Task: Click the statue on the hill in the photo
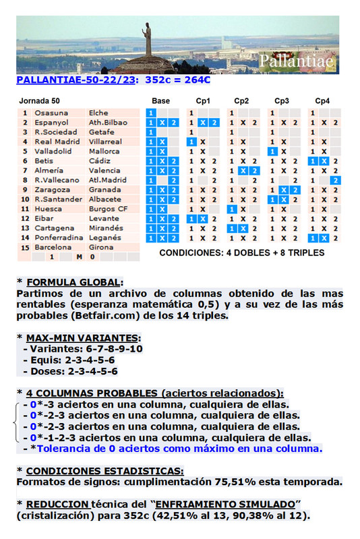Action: coord(146,40)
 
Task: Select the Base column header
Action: coord(161,101)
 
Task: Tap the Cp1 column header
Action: coord(203,101)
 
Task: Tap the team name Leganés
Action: coord(104,238)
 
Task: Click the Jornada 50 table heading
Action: coord(40,101)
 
